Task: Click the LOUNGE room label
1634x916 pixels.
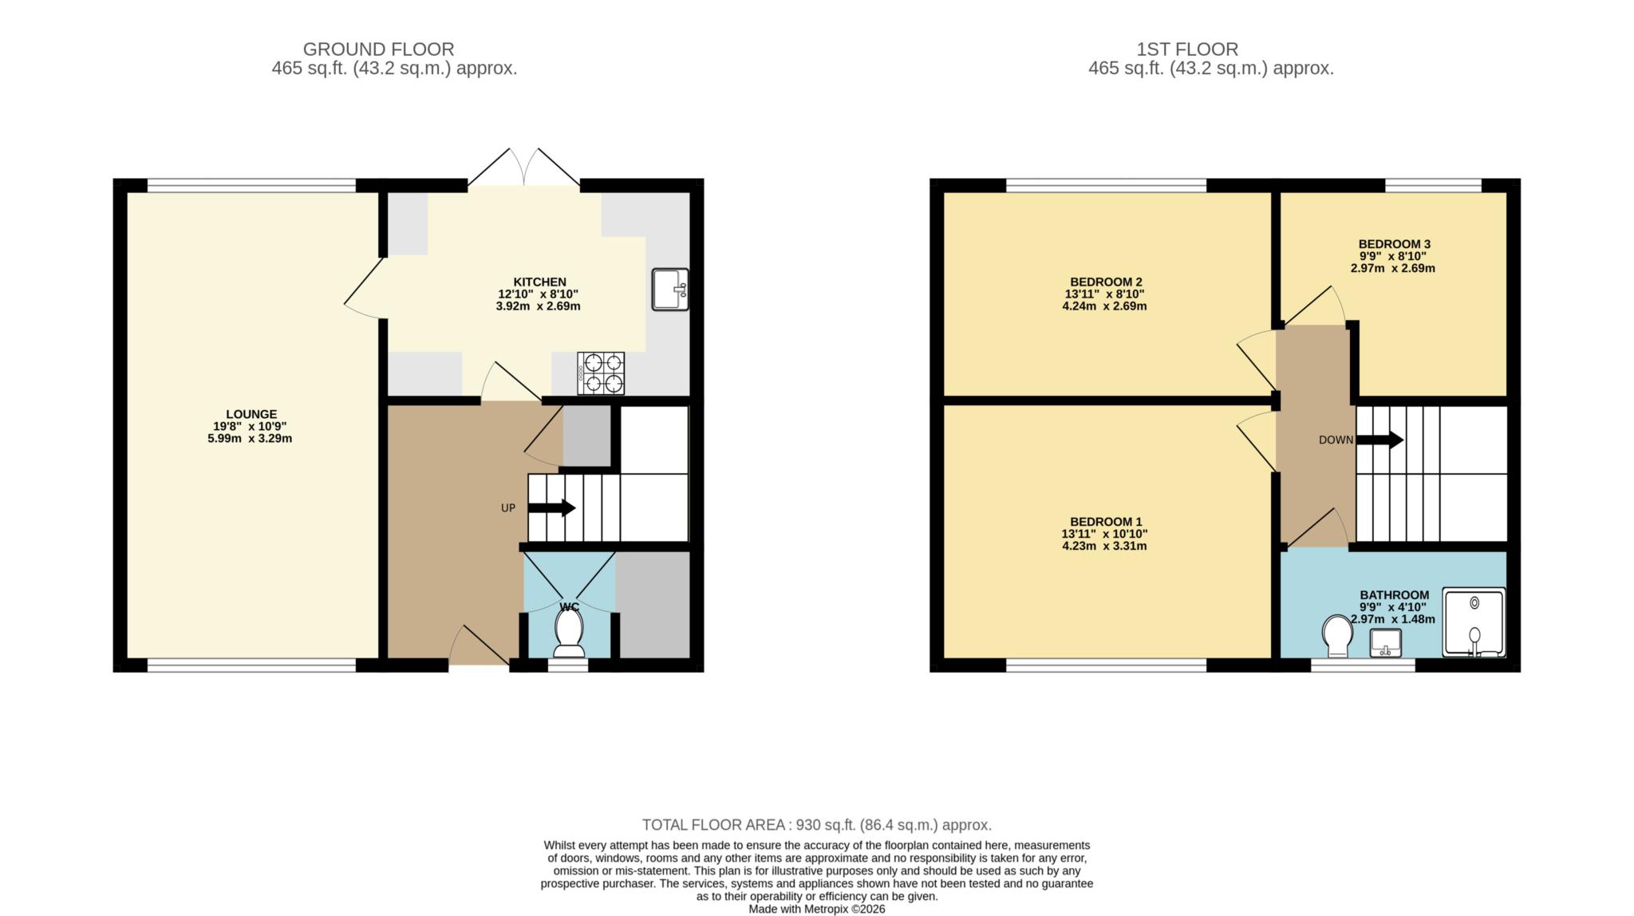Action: pyautogui.click(x=251, y=414)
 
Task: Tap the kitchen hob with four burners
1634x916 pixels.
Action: pyautogui.click(x=601, y=373)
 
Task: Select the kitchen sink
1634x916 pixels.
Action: pyautogui.click(x=670, y=289)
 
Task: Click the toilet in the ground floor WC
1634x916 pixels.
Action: pyautogui.click(x=569, y=635)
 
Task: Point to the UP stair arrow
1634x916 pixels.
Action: pyautogui.click(x=551, y=507)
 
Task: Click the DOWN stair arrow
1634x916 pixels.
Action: pyautogui.click(x=1379, y=440)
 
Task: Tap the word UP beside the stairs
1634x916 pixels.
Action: pyautogui.click(x=508, y=508)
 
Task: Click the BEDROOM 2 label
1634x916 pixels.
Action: pyautogui.click(x=1106, y=282)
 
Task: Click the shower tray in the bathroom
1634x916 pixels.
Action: pyautogui.click(x=1474, y=622)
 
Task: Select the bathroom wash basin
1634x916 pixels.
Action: pyautogui.click(x=1387, y=643)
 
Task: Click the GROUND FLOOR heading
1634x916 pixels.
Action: pyautogui.click(x=378, y=49)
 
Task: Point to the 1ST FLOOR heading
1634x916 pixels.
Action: pyautogui.click(x=1187, y=49)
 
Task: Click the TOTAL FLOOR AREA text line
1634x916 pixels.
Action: pyautogui.click(x=817, y=825)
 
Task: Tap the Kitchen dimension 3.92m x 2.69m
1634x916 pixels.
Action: pyautogui.click(x=538, y=306)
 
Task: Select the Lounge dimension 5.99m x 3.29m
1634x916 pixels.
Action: pyautogui.click(x=250, y=438)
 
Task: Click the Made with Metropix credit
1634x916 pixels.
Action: pyautogui.click(x=817, y=909)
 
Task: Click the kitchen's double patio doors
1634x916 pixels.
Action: pyautogui.click(x=523, y=168)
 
